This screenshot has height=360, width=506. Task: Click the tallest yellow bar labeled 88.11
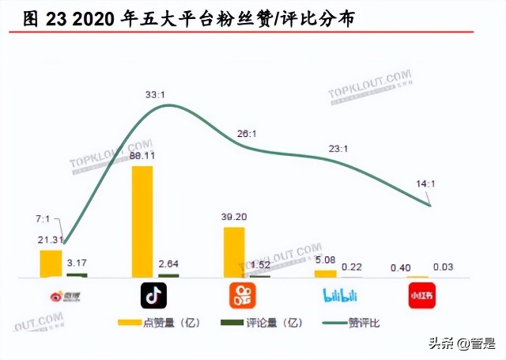[142, 222]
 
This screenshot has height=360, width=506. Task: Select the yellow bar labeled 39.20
[235, 252]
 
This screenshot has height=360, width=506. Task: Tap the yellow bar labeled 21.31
[51, 263]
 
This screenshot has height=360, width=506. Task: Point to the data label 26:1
[247, 134]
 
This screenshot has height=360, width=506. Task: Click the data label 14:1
[425, 184]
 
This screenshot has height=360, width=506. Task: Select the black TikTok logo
[153, 296]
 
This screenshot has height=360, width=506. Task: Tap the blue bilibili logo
[340, 297]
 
